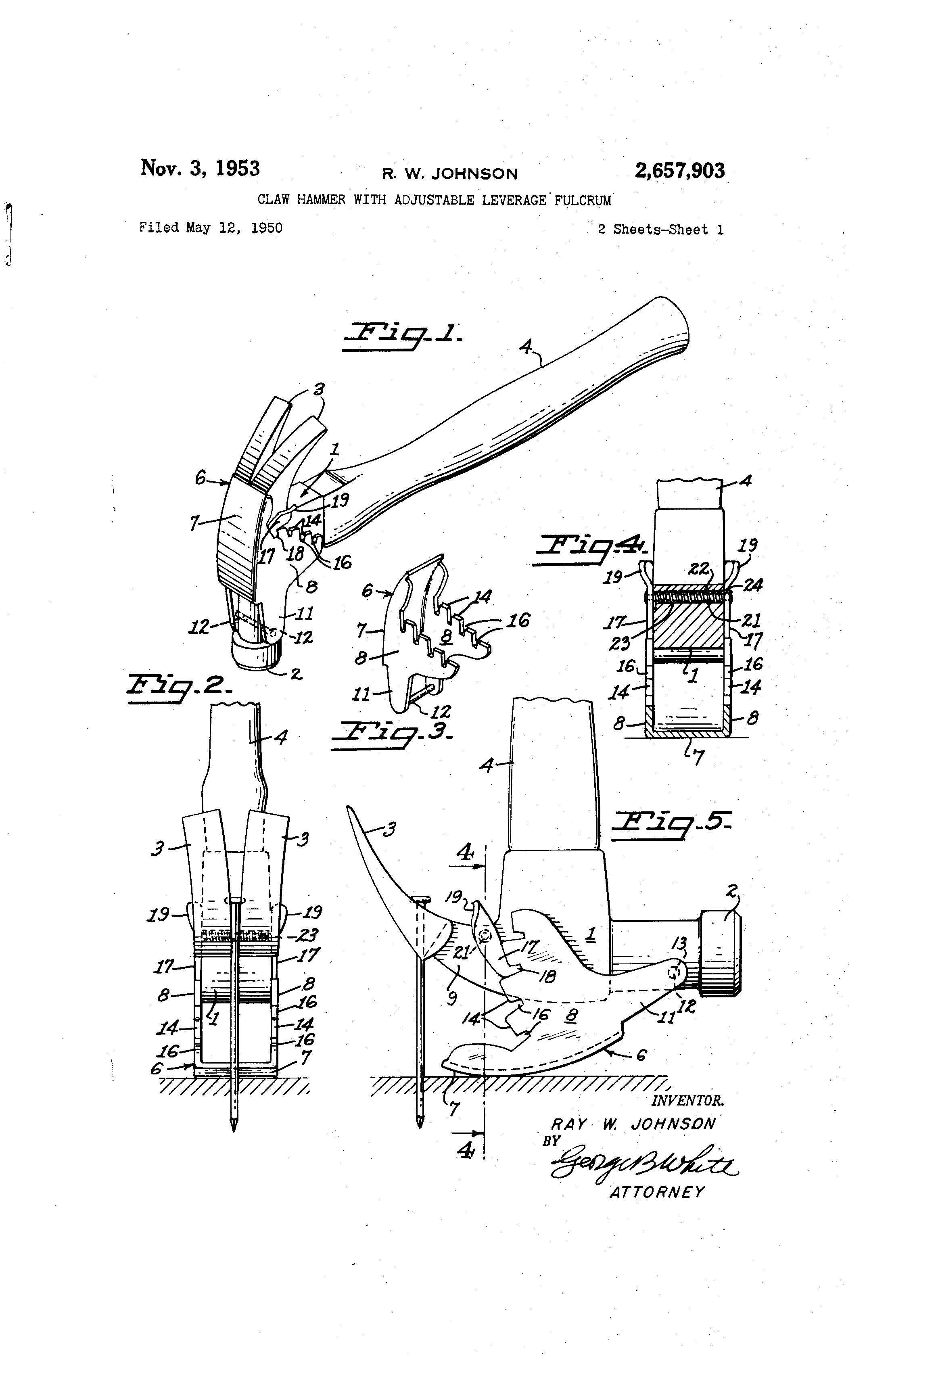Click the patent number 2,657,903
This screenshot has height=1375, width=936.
679,171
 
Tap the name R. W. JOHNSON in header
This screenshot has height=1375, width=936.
450,174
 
